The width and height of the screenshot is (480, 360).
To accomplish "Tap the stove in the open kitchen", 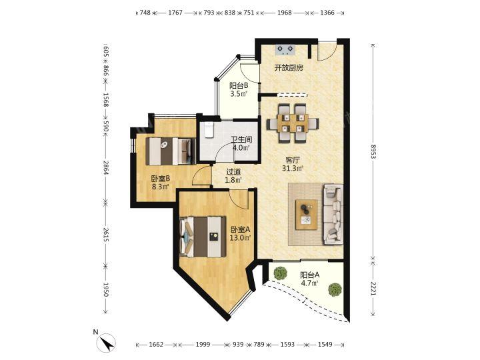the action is [x=286, y=50].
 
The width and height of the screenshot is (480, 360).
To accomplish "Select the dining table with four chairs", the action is [x=293, y=124].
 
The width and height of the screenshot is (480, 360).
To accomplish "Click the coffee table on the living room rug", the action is [x=306, y=214].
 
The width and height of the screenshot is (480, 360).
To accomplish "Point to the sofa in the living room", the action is [x=333, y=214].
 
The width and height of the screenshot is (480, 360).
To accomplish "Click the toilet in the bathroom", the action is [x=208, y=130].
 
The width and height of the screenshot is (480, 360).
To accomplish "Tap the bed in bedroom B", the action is [x=171, y=151].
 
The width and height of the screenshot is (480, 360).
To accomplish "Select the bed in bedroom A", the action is [x=203, y=237].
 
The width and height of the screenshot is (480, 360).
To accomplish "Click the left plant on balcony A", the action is [x=281, y=273].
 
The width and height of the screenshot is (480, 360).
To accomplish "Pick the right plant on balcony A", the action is [x=335, y=289].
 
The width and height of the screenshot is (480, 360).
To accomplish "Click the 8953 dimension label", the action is [x=373, y=151].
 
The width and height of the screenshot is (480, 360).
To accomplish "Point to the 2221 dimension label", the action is [x=373, y=289].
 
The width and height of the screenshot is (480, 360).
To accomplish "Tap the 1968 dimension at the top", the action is [x=285, y=13].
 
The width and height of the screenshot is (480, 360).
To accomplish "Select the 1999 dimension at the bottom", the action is [x=203, y=345].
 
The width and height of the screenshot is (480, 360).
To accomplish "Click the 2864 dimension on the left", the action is [x=106, y=168].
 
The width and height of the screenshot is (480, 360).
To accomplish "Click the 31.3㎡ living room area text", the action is [x=293, y=168].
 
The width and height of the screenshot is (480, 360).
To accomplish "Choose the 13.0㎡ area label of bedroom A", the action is [x=240, y=237].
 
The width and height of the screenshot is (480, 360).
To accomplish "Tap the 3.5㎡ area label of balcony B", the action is [x=239, y=94].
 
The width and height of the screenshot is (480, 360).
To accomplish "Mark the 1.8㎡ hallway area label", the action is [x=233, y=180].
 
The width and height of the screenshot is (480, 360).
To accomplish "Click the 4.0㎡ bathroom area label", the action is [x=241, y=147].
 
